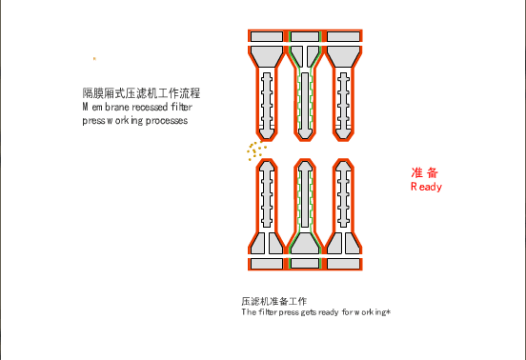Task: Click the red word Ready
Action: pyautogui.click(x=426, y=187)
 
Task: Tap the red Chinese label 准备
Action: pyautogui.click(x=425, y=172)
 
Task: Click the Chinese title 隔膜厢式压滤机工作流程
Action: pyautogui.click(x=141, y=93)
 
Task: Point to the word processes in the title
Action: pyautogui.click(x=167, y=121)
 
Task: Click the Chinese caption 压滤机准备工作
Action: pyautogui.click(x=274, y=301)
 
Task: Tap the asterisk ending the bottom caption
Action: pyautogui.click(x=389, y=312)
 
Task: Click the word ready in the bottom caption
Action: pyautogui.click(x=329, y=312)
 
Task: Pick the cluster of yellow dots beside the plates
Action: pyautogui.click(x=256, y=150)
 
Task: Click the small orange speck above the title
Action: pyautogui.click(x=94, y=59)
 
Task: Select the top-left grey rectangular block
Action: pyautogui.click(x=267, y=36)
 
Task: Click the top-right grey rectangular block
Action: pyautogui.click(x=343, y=36)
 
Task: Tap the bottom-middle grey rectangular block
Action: pyautogui.click(x=305, y=264)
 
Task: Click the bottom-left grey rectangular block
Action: pyautogui.click(x=267, y=264)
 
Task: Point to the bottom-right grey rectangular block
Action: pyautogui.click(x=343, y=264)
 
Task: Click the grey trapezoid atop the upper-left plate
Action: pyautogui.click(x=267, y=56)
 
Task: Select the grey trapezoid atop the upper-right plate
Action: pyautogui.click(x=343, y=56)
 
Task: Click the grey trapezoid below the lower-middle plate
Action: pyautogui.click(x=305, y=244)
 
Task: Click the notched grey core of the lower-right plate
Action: pyautogui.click(x=343, y=194)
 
